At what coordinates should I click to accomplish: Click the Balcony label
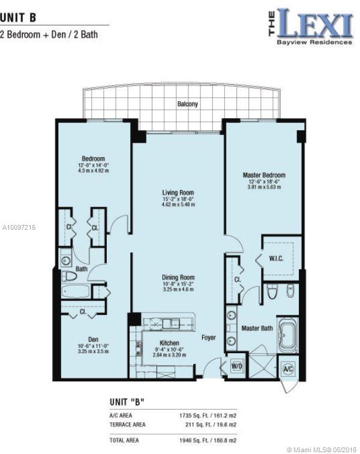[x=187, y=104]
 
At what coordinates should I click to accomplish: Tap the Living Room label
[x=178, y=193]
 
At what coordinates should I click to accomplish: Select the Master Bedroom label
[x=264, y=175]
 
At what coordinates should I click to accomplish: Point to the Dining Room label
[x=178, y=278]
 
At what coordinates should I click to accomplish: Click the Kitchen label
[x=169, y=343]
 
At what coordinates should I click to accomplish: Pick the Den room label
[x=93, y=339]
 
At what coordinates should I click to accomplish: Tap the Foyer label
[x=209, y=338]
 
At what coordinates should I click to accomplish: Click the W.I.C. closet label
[x=276, y=258]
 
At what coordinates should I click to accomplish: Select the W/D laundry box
[x=236, y=366]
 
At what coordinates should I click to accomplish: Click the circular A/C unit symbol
[x=288, y=369]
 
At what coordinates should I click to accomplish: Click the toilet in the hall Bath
[x=69, y=276]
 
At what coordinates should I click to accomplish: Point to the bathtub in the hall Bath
[x=76, y=291]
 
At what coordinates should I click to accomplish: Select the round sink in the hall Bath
[x=66, y=260]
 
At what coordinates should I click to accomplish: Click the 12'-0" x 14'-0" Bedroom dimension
[x=93, y=166]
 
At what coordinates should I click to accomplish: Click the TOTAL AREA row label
[x=124, y=440]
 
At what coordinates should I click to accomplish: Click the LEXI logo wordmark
[x=315, y=23]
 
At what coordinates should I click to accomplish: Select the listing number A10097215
[x=19, y=227]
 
